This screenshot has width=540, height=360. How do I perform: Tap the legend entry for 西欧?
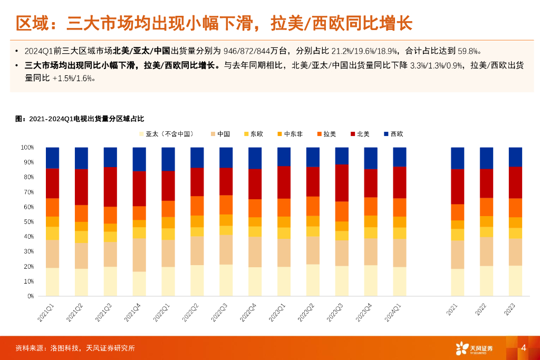click(x=393, y=134)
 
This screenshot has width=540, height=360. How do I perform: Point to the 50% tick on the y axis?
click(x=27, y=222)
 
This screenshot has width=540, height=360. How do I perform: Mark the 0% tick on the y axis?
click(x=30, y=296)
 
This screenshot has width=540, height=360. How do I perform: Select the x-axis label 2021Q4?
click(x=132, y=312)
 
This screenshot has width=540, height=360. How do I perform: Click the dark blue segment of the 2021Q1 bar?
click(x=52, y=158)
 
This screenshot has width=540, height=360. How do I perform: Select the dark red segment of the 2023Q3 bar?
click(x=342, y=182)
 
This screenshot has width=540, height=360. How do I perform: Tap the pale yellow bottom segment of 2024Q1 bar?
click(x=400, y=281)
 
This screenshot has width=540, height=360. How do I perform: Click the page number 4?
click(x=524, y=348)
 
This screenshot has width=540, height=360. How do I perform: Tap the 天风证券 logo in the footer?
click(x=474, y=348)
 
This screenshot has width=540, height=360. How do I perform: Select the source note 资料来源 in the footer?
click(x=75, y=348)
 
